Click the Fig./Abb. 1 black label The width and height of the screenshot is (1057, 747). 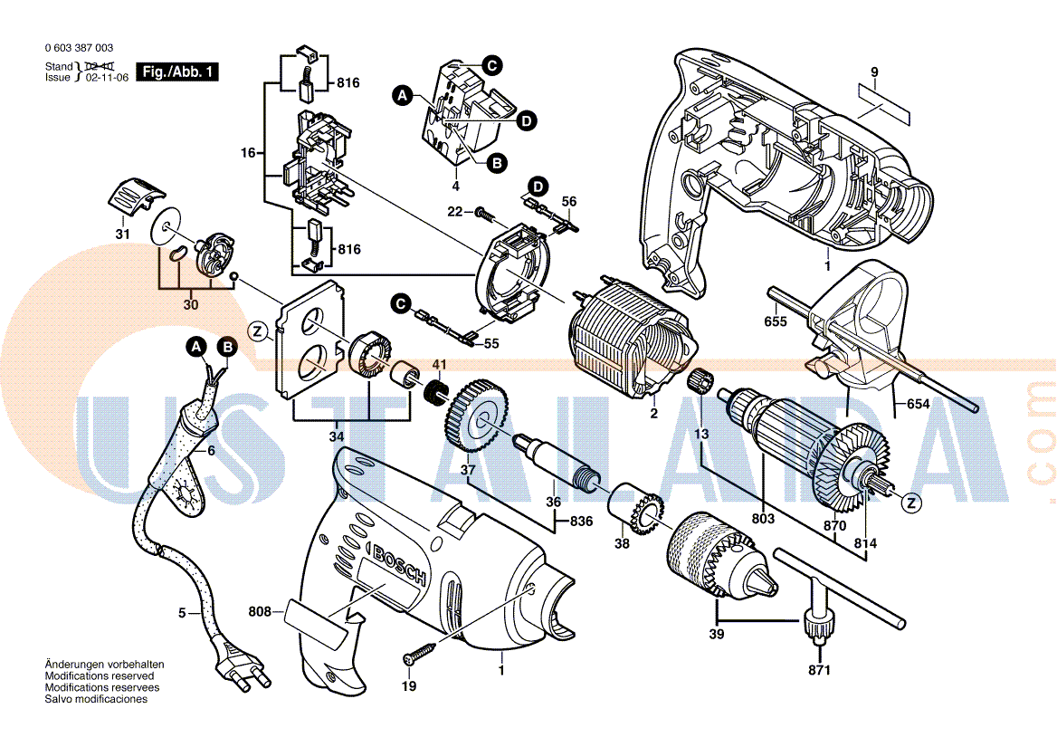click(x=177, y=72)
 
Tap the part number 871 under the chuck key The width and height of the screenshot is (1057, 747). click(x=819, y=670)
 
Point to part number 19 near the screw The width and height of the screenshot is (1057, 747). click(x=409, y=686)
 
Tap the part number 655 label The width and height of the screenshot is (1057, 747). click(x=776, y=321)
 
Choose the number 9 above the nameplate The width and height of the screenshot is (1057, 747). click(x=874, y=72)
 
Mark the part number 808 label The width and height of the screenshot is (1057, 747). click(x=261, y=612)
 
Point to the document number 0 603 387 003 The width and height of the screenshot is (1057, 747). click(x=79, y=47)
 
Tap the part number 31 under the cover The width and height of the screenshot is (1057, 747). click(x=122, y=235)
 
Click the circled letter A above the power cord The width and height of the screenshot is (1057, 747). click(x=196, y=346)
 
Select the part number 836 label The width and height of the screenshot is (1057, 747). click(x=581, y=522)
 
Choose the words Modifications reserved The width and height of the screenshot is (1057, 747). click(x=100, y=676)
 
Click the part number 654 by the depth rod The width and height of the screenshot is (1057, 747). click(x=918, y=405)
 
